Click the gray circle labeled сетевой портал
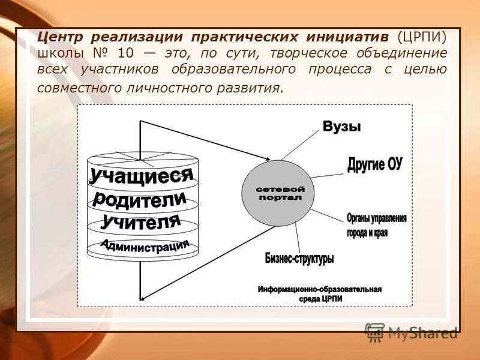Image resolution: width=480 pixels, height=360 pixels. pyautogui.click(x=277, y=193)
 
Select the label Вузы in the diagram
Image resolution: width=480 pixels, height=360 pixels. pyautogui.click(x=342, y=127)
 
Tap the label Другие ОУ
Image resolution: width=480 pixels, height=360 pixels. pyautogui.click(x=374, y=164)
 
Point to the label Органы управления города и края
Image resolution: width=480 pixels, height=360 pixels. pyautogui.click(x=376, y=225)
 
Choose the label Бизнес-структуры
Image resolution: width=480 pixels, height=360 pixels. pyautogui.click(x=299, y=259)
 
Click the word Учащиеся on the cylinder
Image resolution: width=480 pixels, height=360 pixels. pyautogui.click(x=142, y=175)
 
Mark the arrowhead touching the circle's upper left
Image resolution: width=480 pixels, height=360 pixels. pyautogui.click(x=267, y=158)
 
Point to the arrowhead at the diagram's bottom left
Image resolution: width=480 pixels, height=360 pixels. pyautogui.click(x=143, y=298)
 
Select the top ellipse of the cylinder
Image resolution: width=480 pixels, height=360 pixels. pyautogui.click(x=142, y=159)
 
